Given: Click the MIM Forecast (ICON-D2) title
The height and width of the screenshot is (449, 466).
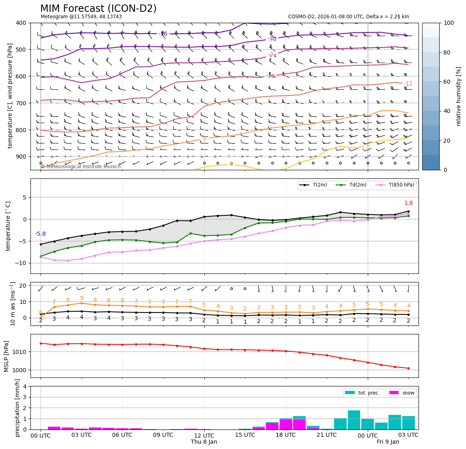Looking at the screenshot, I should click(x=98, y=9).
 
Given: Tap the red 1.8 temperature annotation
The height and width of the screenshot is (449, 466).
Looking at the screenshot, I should click(x=408, y=203).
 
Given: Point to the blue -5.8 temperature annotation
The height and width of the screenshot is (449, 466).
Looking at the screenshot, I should click(x=41, y=234).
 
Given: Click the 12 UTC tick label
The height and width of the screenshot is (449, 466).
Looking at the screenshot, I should click(x=204, y=435).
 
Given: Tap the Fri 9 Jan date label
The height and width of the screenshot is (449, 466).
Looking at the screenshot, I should click(x=388, y=442).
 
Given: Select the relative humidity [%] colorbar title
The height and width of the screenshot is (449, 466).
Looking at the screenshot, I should click(x=459, y=96).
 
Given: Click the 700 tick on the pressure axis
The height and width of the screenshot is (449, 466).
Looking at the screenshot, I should click(x=21, y=103).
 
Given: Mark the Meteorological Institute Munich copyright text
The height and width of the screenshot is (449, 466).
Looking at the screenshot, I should click(x=81, y=167).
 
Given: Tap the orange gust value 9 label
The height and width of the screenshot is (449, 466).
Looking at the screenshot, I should click(x=82, y=298).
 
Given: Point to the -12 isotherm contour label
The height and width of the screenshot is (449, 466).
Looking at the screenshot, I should click(x=408, y=84).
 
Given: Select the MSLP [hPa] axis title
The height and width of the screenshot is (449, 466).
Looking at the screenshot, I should click(x=6, y=356).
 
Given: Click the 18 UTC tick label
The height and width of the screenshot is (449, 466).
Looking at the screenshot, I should click(x=286, y=435).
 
